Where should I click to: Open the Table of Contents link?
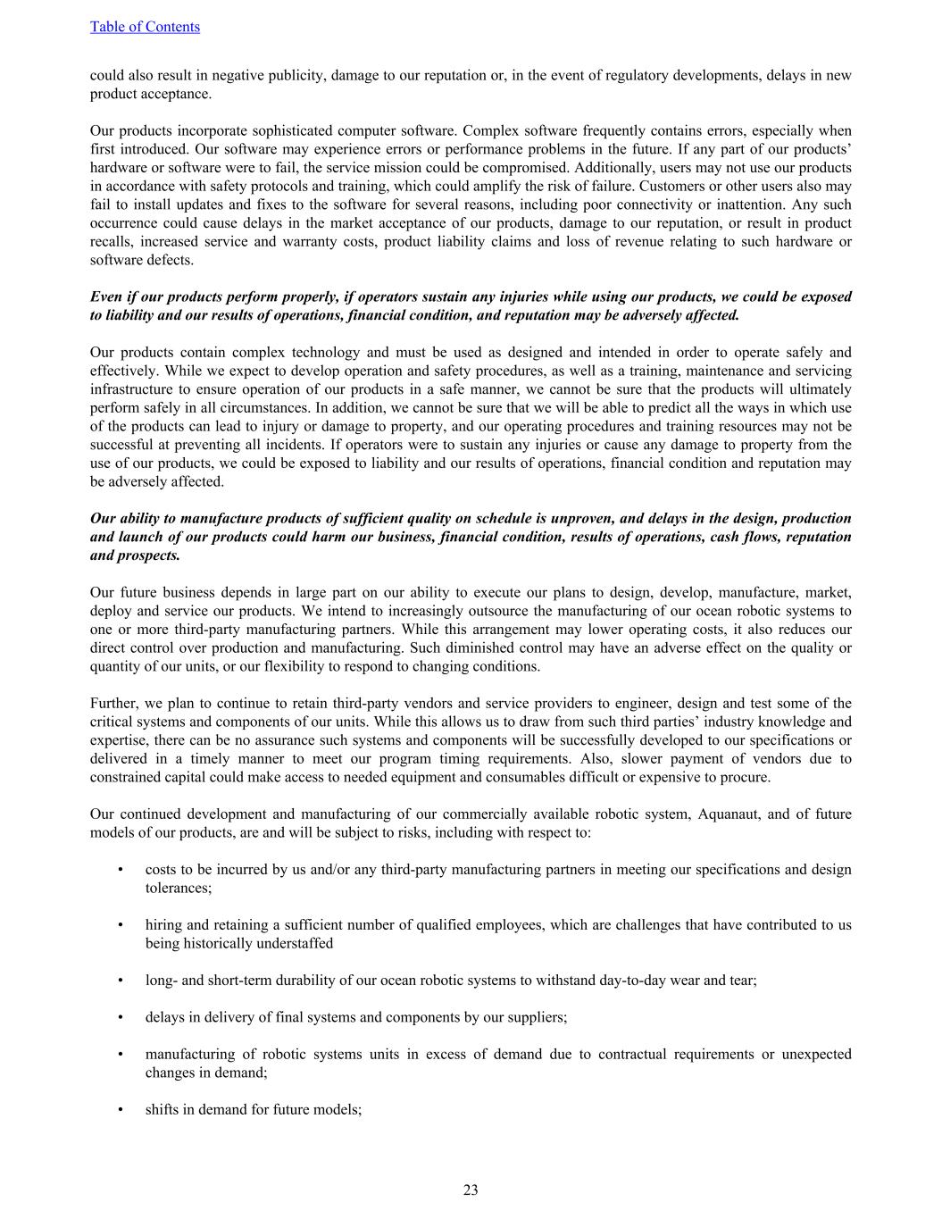(x=145, y=27)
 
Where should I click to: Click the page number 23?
(x=471, y=1190)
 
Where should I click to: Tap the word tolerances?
(x=177, y=888)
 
